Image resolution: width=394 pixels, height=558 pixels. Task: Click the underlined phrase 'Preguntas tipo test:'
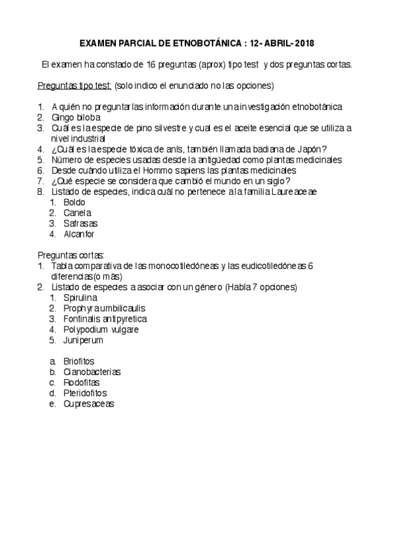74,86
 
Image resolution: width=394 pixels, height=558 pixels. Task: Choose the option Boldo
74,202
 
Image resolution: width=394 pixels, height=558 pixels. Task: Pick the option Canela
77,213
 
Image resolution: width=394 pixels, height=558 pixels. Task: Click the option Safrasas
80,223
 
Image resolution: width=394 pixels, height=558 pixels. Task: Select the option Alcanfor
79,234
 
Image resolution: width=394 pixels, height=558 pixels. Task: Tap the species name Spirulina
80,297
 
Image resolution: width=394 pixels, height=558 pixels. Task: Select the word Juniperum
83,340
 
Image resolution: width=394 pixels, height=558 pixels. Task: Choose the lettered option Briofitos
79,361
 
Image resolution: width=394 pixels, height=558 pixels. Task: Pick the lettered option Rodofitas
82,382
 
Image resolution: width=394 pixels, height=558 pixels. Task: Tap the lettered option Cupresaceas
88,403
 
